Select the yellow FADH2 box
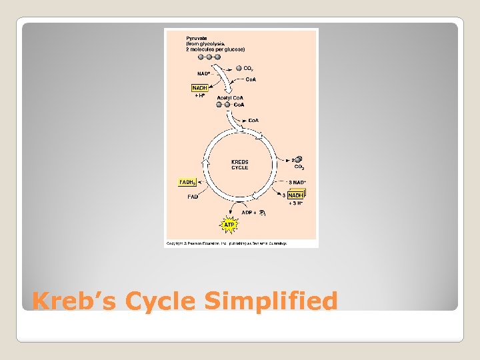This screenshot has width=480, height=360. click(187, 182)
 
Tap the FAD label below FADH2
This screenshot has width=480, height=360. click(193, 197)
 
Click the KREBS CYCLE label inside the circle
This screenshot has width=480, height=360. click(239, 165)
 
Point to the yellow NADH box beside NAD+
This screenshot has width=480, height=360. click(199, 88)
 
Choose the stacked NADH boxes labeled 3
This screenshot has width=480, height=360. click(295, 195)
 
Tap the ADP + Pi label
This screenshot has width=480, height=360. click(253, 213)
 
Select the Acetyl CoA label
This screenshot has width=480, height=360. click(230, 98)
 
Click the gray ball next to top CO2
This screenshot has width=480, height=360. click(239, 68)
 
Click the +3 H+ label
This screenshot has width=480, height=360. click(295, 203)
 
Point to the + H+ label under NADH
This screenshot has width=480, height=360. click(199, 95)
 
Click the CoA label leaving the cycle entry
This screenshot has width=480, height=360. click(253, 120)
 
